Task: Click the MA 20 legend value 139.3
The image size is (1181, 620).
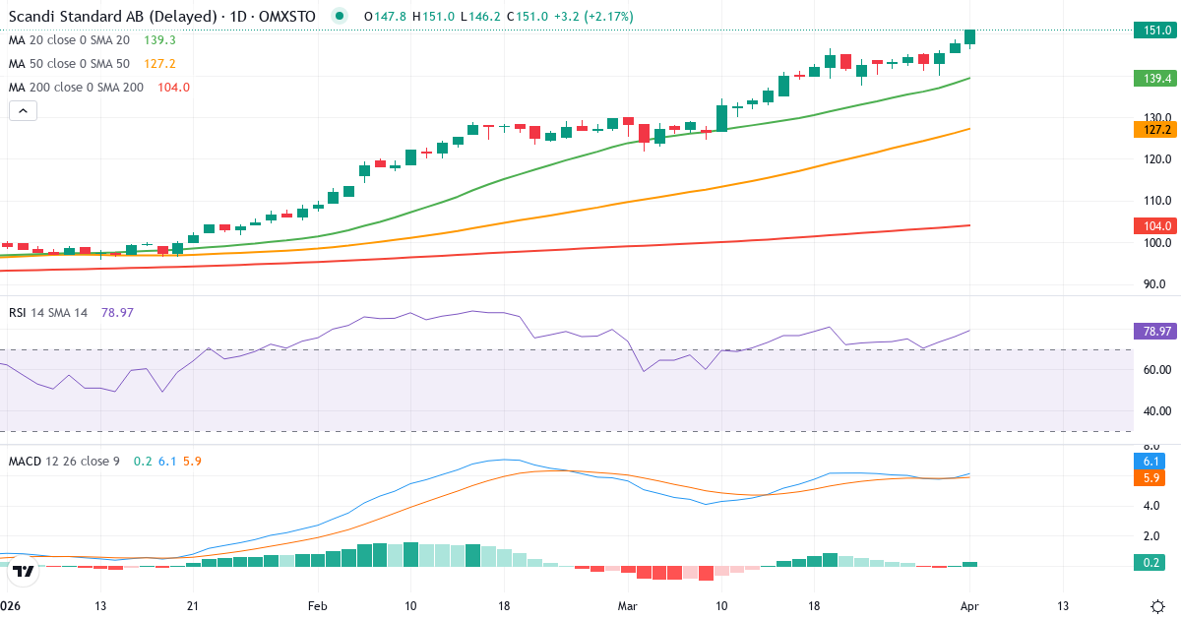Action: pyautogui.click(x=159, y=40)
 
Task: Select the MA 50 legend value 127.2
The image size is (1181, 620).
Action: pyautogui.click(x=159, y=64)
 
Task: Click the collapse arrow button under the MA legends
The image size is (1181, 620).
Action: pyautogui.click(x=23, y=111)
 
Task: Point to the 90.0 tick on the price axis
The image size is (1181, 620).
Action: pyautogui.click(x=1156, y=284)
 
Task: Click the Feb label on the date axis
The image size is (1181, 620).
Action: pyautogui.click(x=317, y=605)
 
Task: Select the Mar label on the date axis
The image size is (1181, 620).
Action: pyautogui.click(x=628, y=605)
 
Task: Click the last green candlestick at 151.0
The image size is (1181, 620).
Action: pyautogui.click(x=970, y=37)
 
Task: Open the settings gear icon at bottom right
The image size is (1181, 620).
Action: pyautogui.click(x=1157, y=605)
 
